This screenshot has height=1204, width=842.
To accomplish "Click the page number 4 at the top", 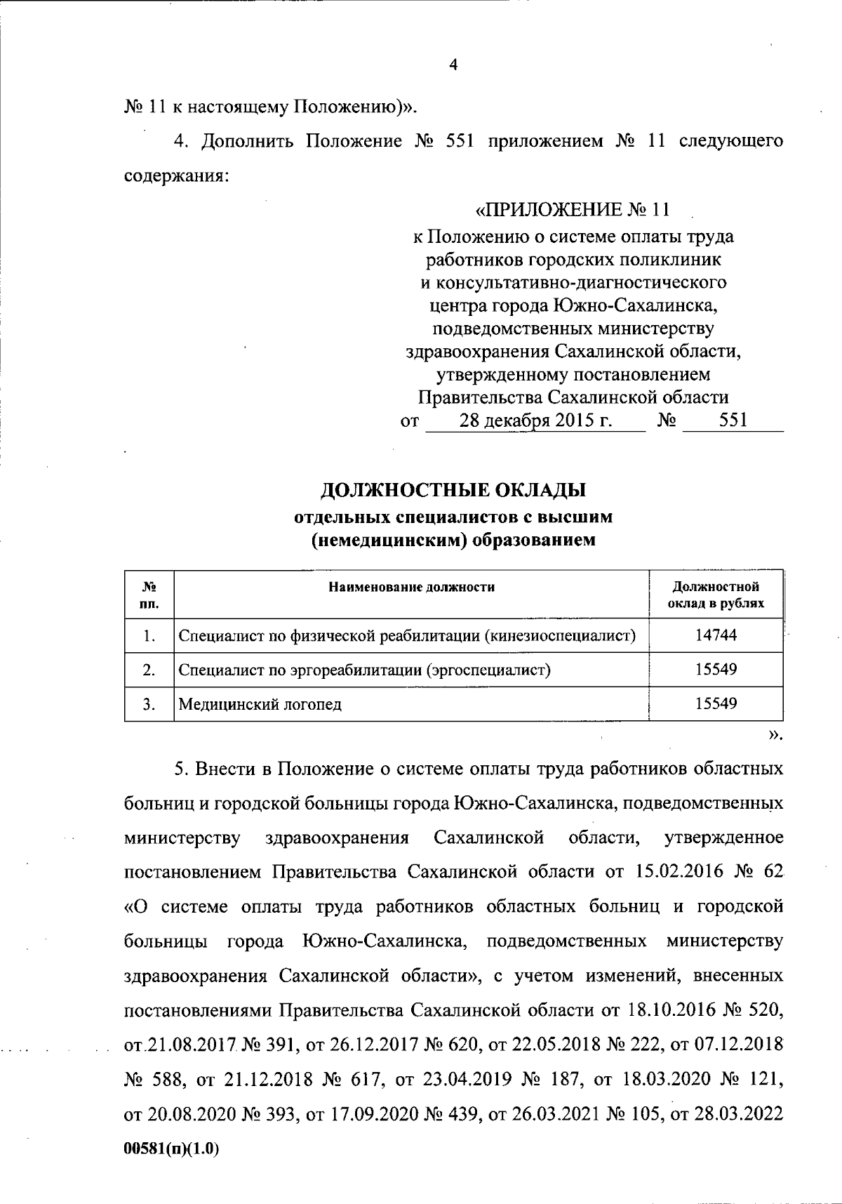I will (x=453, y=65).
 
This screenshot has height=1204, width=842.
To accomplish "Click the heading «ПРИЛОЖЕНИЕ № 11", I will (x=573, y=209).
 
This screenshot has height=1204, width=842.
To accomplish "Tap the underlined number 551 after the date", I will (x=733, y=421).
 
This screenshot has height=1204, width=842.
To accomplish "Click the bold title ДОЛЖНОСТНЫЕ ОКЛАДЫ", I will (x=453, y=489).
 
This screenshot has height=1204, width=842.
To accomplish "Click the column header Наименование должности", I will (x=412, y=587).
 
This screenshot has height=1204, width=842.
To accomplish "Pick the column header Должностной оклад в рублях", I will (x=716, y=595).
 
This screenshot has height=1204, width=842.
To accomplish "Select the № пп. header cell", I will (x=149, y=595).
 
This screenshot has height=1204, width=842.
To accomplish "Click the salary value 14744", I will (x=716, y=635).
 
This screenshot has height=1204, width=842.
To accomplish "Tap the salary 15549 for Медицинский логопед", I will (x=716, y=703).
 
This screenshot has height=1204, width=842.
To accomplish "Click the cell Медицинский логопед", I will (x=260, y=704).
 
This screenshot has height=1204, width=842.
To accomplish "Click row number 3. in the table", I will (x=149, y=704).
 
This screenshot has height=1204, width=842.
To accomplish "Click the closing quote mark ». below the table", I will (x=775, y=735).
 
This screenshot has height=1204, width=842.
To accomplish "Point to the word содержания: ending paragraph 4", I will (x=176, y=176).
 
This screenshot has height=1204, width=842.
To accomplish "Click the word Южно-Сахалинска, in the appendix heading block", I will (x=636, y=306).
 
